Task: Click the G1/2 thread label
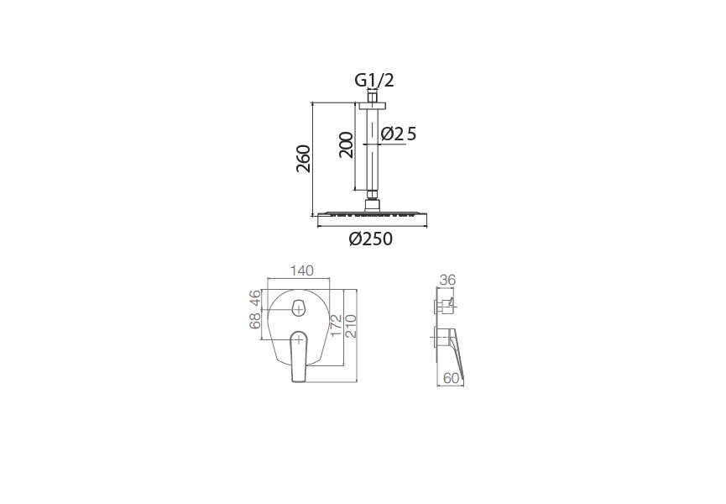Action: pos(374,80)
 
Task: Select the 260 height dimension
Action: pos(303,159)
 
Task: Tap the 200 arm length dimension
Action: pos(346,145)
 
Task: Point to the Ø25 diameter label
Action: pos(399,134)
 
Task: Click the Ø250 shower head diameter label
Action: pos(370,239)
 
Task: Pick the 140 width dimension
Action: pos(301,270)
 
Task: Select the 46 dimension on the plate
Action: pos(255,298)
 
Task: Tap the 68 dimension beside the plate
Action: pos(255,321)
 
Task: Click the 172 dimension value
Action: pos(337,326)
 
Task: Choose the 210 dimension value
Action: pos(351,326)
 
